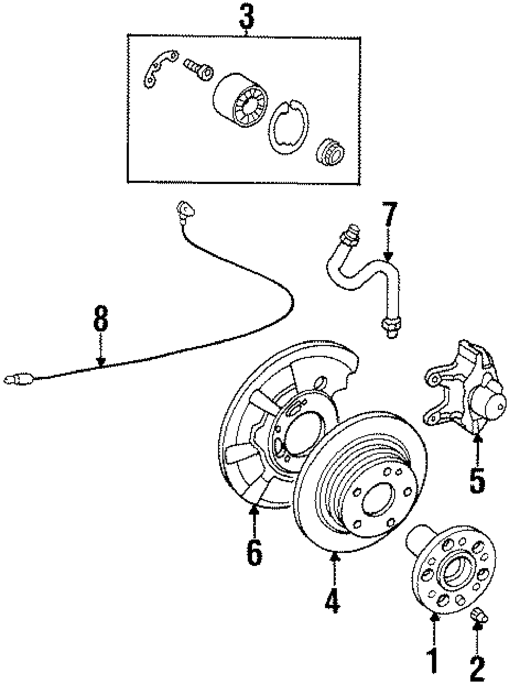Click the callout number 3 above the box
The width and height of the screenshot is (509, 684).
click(x=247, y=18)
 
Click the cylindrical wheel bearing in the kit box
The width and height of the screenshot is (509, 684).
click(x=240, y=100)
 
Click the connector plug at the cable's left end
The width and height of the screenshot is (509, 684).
click(x=19, y=379)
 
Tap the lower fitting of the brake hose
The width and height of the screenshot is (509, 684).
click(x=391, y=327)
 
